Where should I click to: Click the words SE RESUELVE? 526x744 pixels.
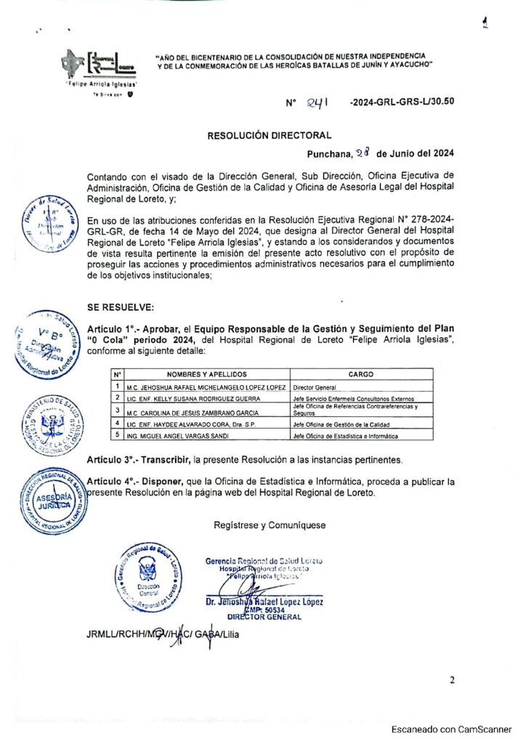coord(120,307)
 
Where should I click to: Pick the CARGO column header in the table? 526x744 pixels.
coord(361,374)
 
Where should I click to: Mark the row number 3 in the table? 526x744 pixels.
coord(116,411)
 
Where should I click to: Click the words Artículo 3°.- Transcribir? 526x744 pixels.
coord(138,461)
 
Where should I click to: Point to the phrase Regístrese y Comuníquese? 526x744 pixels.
coord(270,525)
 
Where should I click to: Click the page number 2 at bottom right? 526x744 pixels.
coord(452,680)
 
